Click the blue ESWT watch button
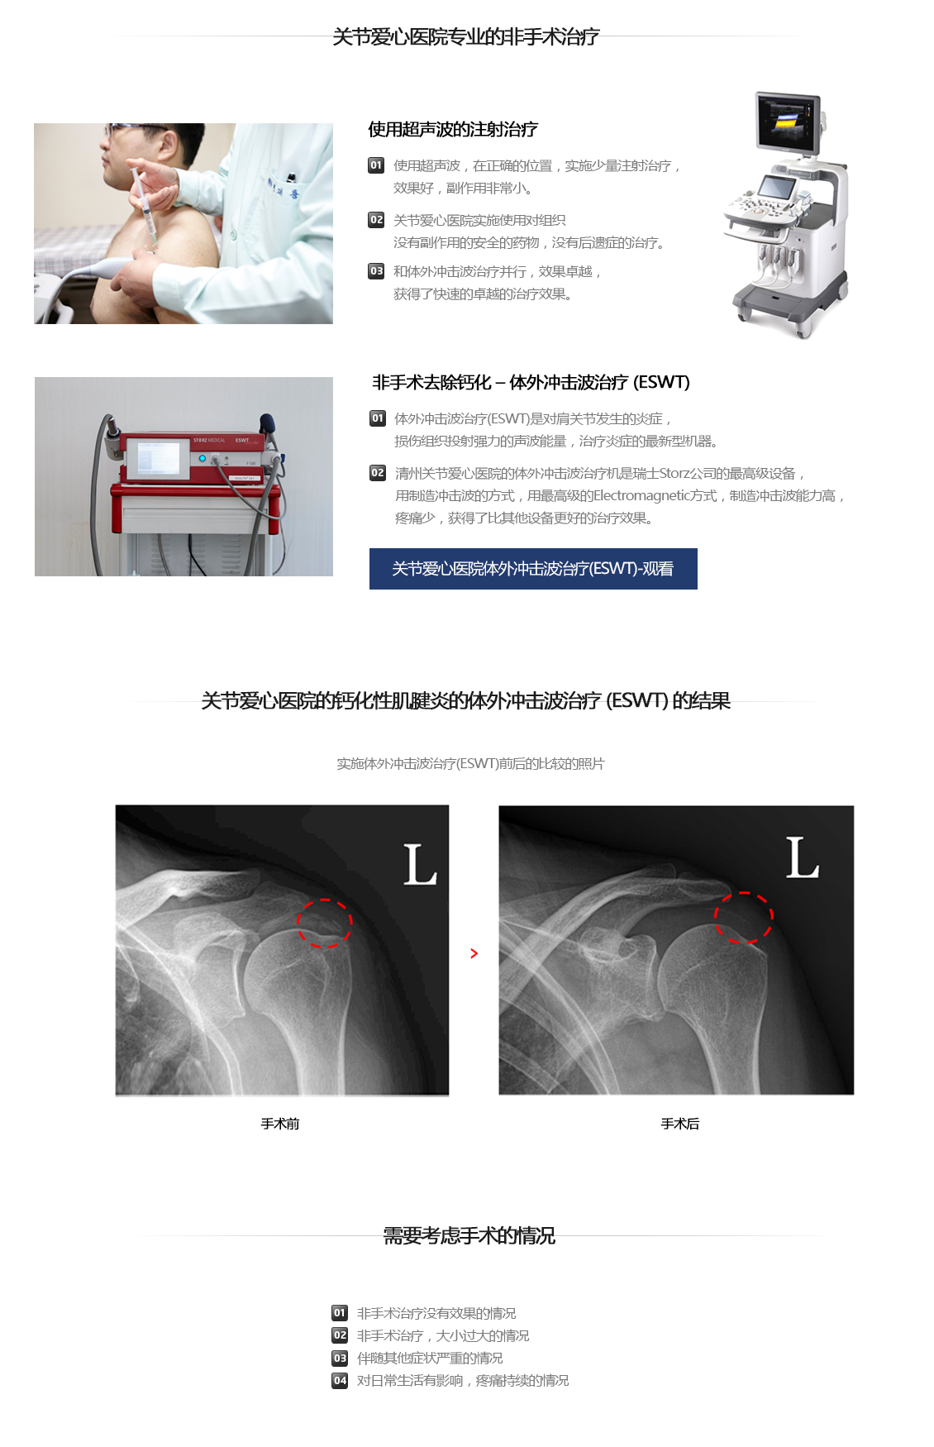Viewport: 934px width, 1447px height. [x=533, y=569]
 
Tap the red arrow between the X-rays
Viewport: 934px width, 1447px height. [x=474, y=953]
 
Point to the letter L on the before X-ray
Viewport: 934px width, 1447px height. [x=420, y=865]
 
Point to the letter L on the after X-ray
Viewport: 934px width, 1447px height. [x=802, y=857]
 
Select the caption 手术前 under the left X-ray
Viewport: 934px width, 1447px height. [x=280, y=1124]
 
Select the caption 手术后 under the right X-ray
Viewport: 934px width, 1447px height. [x=680, y=1124]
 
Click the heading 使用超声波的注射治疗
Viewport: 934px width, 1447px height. [x=453, y=129]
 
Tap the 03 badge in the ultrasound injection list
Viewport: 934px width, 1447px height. [x=376, y=271]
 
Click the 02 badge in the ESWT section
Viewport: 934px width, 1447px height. [x=378, y=473]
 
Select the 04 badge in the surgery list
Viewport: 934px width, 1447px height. [x=340, y=1381]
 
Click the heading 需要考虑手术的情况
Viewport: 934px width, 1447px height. [x=469, y=1235]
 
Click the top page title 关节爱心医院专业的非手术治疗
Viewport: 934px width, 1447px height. [x=466, y=36]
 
